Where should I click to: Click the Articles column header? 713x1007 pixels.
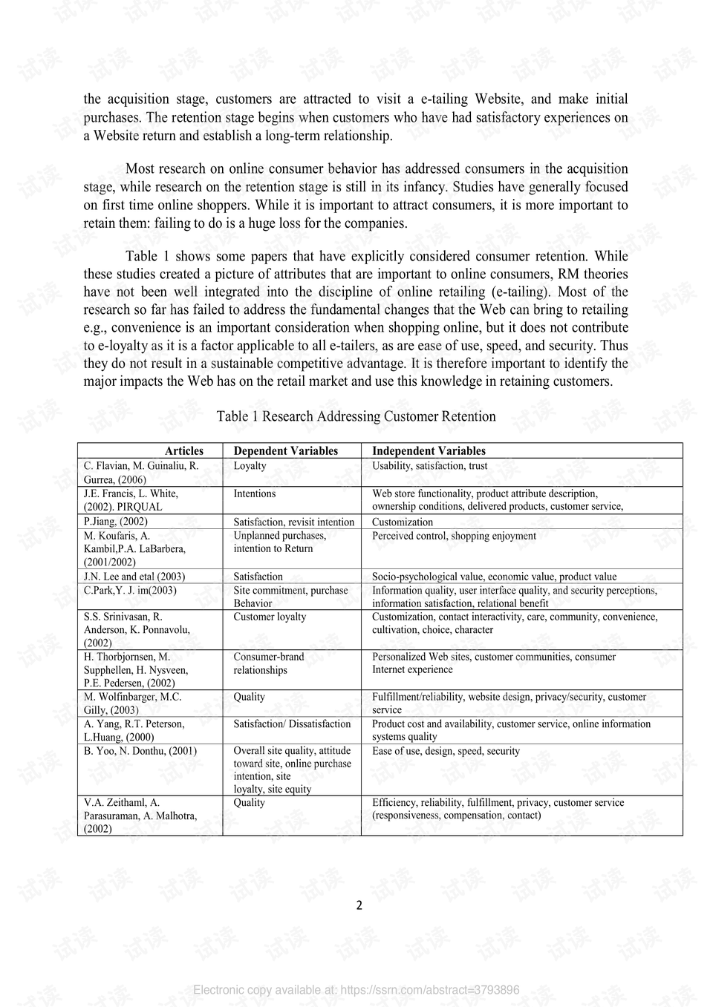tap(183, 450)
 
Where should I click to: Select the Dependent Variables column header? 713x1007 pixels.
tap(285, 450)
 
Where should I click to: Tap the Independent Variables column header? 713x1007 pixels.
tap(429, 450)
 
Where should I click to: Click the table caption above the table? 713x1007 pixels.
tap(356, 416)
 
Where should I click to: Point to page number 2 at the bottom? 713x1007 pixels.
tap(359, 905)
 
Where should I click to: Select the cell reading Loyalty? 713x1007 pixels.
tap(250, 466)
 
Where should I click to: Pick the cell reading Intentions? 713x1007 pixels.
tap(254, 493)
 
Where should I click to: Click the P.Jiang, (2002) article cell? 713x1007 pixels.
tap(115, 522)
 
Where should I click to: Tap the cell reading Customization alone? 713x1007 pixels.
tap(402, 522)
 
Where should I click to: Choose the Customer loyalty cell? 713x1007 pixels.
tap(270, 617)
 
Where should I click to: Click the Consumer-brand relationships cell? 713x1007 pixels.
tap(268, 663)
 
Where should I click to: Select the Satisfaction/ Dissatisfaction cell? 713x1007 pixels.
tap(292, 724)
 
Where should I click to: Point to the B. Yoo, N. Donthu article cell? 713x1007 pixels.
tap(140, 751)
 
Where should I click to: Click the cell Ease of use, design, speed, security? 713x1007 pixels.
tap(446, 751)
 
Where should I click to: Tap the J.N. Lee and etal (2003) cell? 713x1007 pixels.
tap(134, 577)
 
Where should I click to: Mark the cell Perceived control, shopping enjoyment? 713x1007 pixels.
tap(454, 536)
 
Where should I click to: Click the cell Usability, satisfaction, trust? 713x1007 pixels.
tap(429, 466)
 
